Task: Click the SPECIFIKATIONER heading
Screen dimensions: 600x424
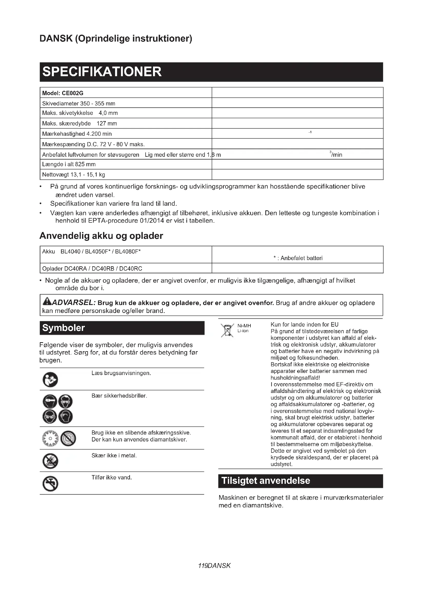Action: point(102,72)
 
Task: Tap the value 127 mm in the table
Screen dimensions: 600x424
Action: point(107,123)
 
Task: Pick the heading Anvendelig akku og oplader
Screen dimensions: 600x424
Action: point(101,236)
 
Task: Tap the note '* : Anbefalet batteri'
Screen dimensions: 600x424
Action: point(298,258)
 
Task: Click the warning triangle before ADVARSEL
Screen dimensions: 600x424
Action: point(47,302)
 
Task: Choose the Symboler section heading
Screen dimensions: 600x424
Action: point(63,328)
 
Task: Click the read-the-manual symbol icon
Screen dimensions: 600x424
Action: point(50,379)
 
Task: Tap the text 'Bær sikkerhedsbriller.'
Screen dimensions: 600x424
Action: point(119,396)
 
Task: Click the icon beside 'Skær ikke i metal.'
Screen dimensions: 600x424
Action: point(50,461)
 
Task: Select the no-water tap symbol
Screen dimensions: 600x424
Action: point(50,484)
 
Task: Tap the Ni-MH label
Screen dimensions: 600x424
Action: point(244,326)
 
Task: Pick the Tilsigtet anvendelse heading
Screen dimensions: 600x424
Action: point(266,481)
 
